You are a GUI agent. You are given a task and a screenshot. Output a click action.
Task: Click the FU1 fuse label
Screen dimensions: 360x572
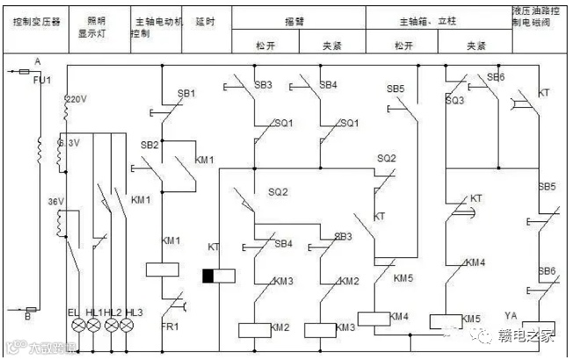41,80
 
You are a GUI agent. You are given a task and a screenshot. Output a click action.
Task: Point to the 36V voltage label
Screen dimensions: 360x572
56,202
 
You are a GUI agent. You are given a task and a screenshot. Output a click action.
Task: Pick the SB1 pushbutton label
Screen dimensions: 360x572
186,93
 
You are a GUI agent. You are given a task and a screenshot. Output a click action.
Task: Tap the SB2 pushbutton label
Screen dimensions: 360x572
150,145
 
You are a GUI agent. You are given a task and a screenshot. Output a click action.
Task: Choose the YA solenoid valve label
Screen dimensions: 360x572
512,314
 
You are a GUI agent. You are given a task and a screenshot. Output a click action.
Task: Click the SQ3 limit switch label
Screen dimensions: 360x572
454,101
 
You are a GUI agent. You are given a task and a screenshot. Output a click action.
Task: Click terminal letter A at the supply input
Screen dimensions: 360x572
36,61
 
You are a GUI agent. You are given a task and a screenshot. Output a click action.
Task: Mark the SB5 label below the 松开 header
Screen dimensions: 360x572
395,89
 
